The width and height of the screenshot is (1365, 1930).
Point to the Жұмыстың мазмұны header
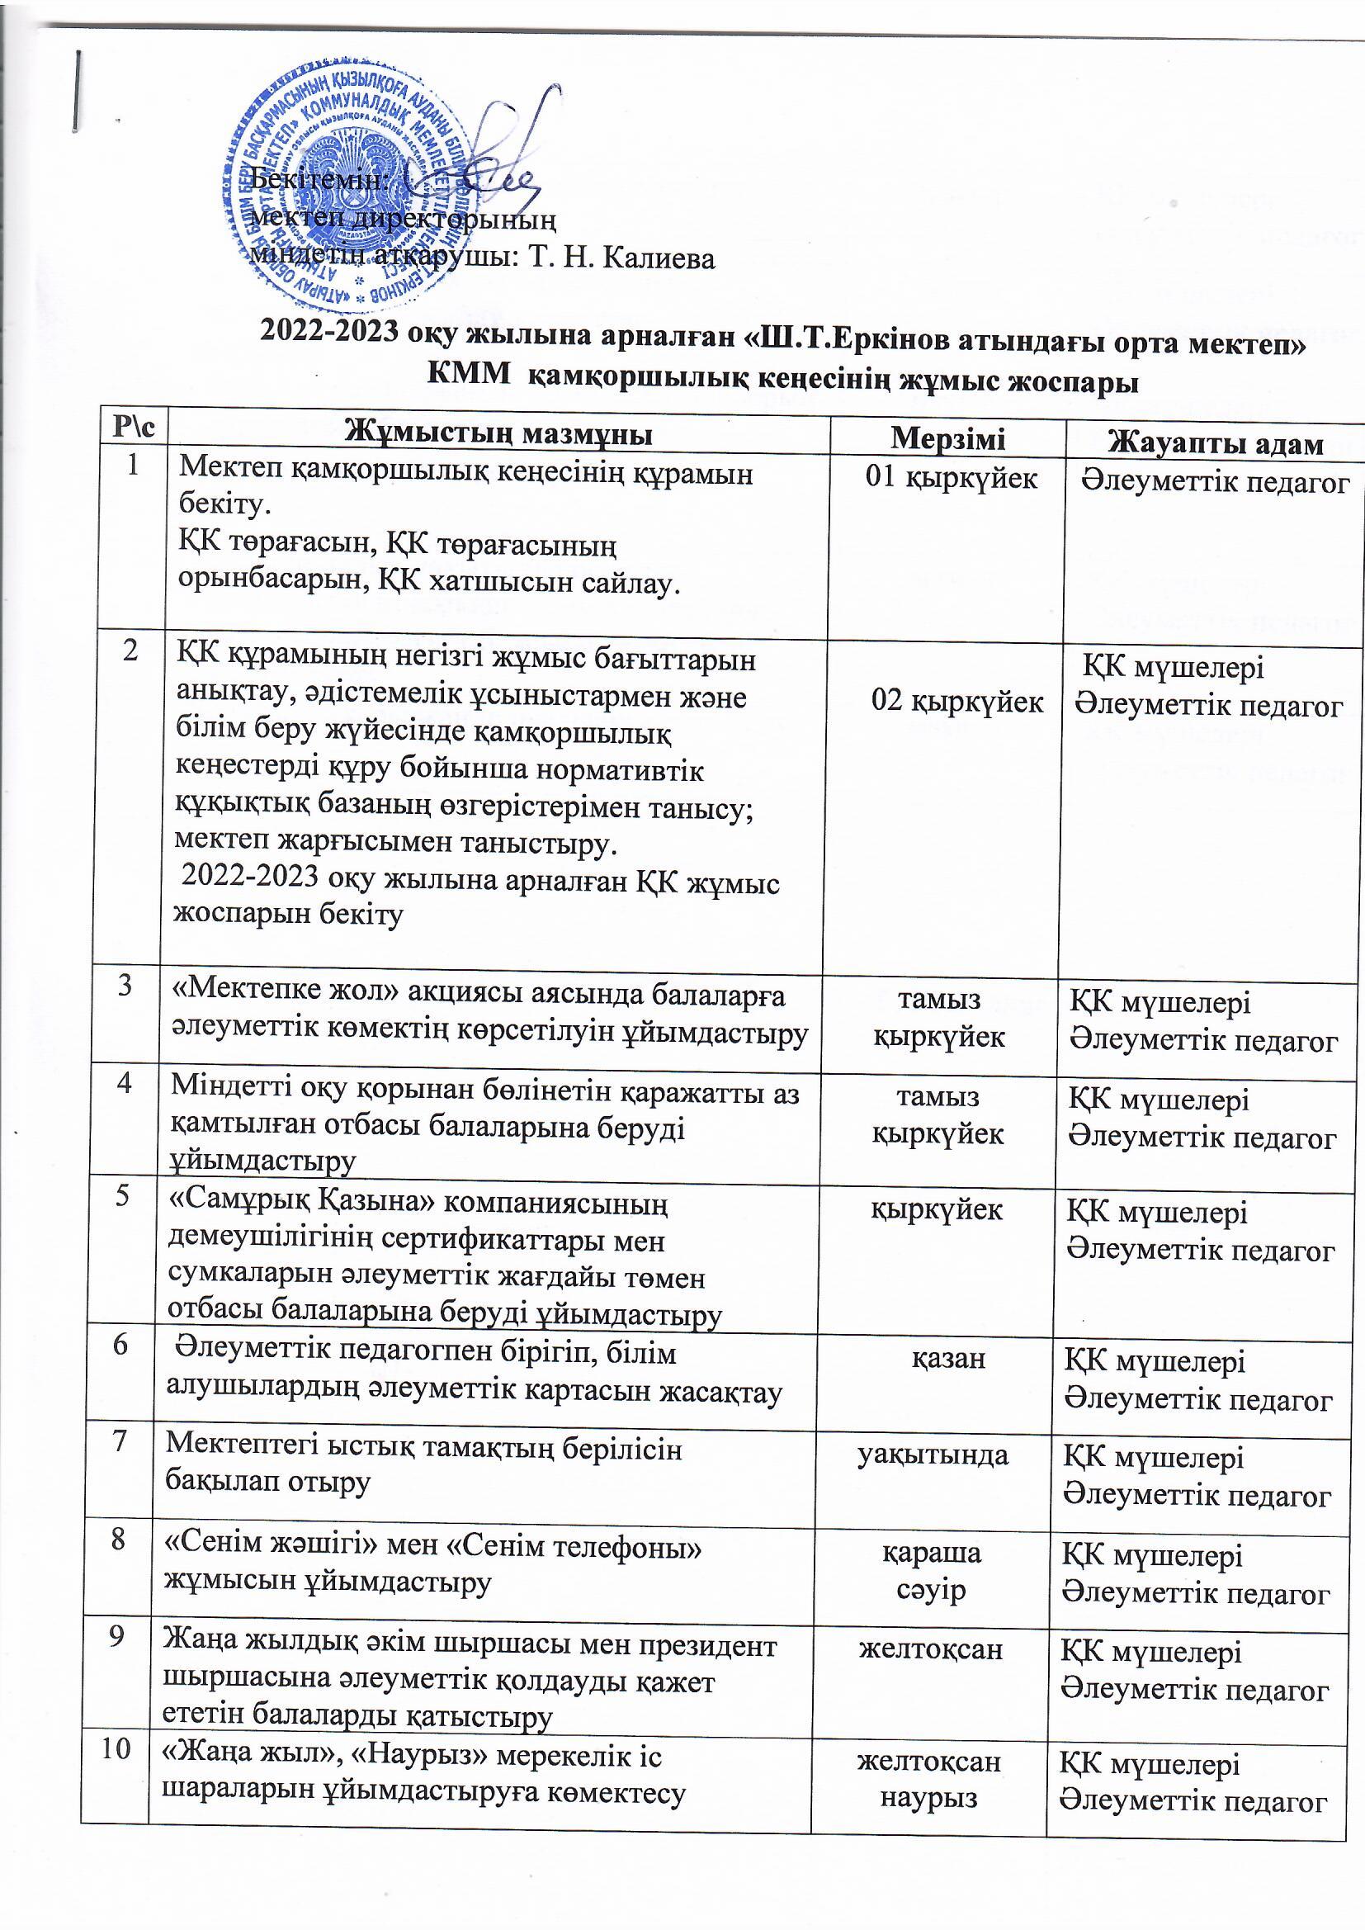coord(501,435)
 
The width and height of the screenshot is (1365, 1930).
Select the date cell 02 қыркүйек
coord(957,701)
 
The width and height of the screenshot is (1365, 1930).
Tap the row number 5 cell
coord(123,1198)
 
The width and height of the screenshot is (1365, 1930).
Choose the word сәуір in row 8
coord(930,1591)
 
